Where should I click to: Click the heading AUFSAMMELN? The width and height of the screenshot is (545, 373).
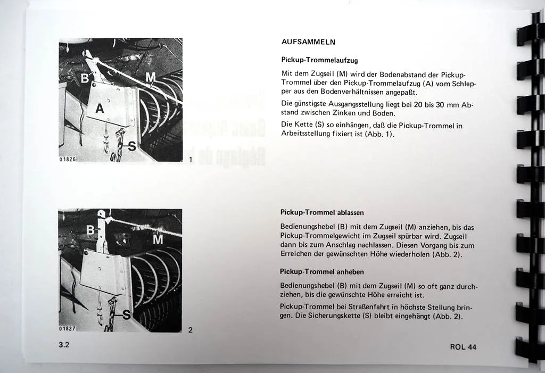point(308,42)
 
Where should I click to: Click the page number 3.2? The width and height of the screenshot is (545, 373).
point(64,344)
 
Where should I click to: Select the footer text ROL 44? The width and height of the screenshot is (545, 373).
point(463,347)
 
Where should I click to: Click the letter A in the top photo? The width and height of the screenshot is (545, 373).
point(99,109)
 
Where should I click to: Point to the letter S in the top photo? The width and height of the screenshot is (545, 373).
point(131,145)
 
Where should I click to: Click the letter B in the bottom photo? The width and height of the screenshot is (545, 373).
point(90,230)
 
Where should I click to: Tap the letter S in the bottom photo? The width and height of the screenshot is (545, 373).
point(127,316)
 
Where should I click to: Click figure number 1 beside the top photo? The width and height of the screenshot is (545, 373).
point(190,159)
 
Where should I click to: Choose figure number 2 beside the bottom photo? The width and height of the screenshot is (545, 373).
point(190,330)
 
